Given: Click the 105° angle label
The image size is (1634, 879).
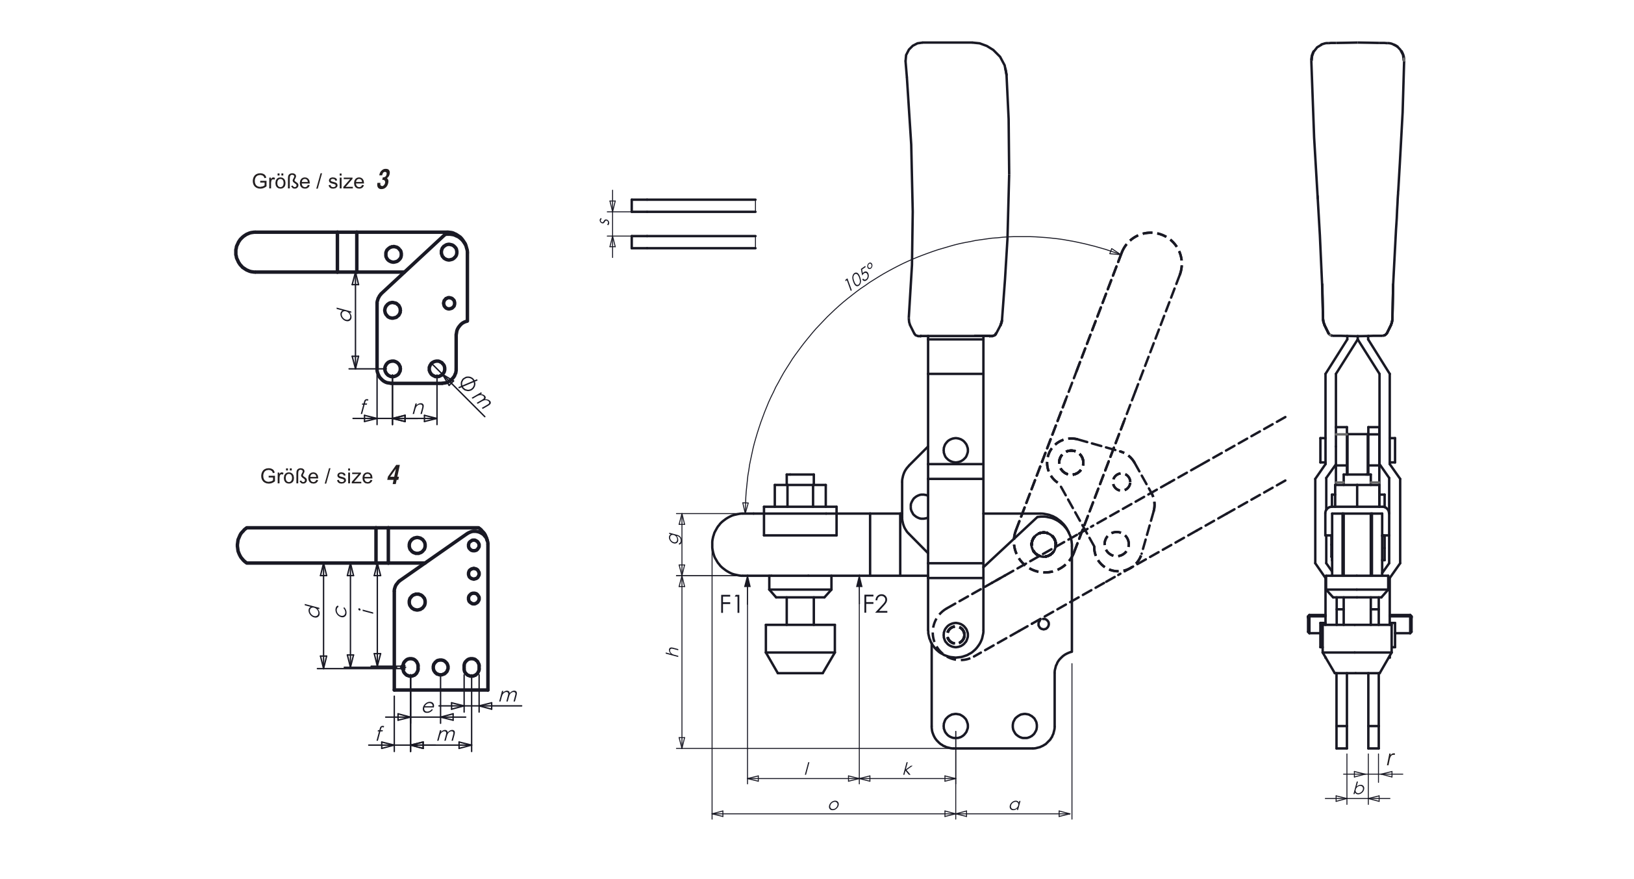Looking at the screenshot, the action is click(859, 275).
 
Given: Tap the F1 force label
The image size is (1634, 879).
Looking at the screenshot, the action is click(731, 605).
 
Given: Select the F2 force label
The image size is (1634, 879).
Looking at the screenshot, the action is click(875, 605).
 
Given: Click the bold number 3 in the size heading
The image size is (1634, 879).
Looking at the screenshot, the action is click(383, 180).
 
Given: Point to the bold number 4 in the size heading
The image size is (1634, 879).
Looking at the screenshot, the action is click(393, 475).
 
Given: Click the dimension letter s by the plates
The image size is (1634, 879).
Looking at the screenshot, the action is click(605, 221).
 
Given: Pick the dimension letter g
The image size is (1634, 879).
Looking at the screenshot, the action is click(674, 538).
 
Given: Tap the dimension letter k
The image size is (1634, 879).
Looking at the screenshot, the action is click(907, 769).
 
